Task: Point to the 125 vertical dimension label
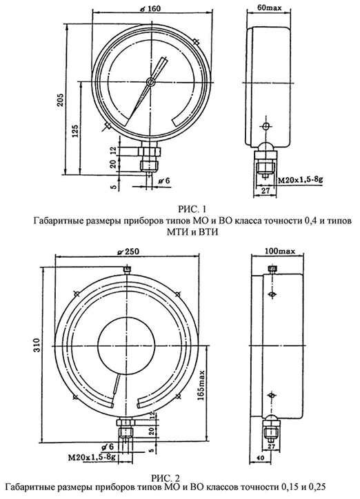point(75,130)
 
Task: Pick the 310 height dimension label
point(37,345)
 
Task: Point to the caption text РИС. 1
point(192,210)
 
